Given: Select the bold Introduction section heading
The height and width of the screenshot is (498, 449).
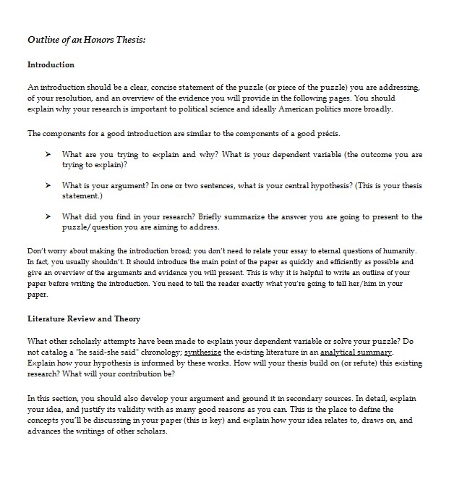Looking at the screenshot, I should (x=51, y=64).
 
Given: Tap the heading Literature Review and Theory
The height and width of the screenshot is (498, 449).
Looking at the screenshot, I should (x=83, y=318).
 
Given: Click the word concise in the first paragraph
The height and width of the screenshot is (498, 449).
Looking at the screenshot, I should (x=158, y=88).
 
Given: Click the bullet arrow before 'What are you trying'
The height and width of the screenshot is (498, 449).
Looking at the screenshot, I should (x=48, y=154).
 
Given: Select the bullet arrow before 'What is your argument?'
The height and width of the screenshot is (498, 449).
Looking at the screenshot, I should (x=48, y=185).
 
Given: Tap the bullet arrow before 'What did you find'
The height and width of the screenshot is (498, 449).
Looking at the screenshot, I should (x=48, y=216).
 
